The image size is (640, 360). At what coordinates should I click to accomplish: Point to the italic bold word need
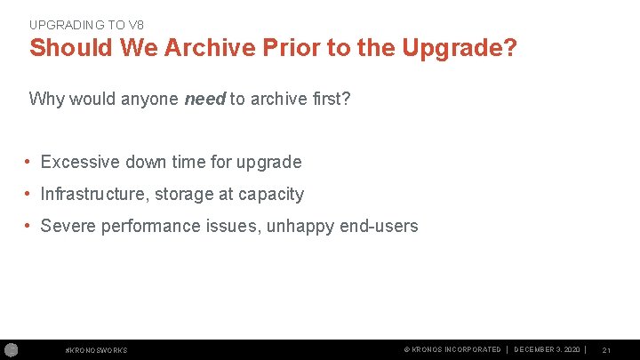pos(204,99)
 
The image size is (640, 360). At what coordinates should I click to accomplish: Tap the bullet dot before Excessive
pos(29,162)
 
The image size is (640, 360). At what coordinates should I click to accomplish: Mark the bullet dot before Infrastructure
pos(29,194)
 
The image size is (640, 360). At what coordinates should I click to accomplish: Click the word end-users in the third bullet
pos(379,226)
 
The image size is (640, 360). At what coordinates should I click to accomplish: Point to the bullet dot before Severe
pos(29,226)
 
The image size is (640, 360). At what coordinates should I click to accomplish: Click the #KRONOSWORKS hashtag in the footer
pos(97,350)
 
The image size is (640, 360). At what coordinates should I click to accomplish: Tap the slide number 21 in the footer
pos(606,350)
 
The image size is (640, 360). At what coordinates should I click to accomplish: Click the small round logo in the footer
pos(12,349)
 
